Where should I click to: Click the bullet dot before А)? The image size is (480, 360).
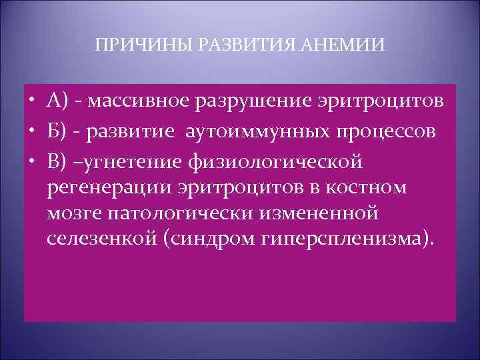coord(32,101)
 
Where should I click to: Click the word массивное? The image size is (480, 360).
coord(139,101)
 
